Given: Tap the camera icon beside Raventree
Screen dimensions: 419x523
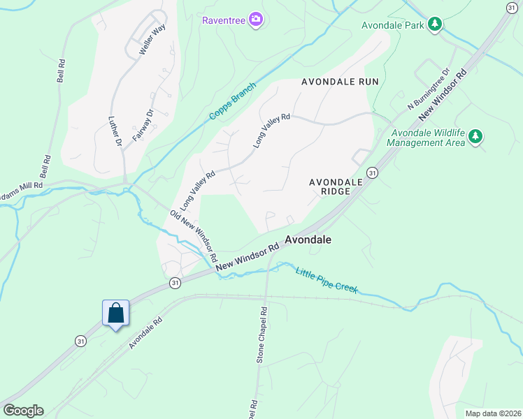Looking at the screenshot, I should tap(256, 20).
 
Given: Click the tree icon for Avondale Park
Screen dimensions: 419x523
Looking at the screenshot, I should tap(435, 25).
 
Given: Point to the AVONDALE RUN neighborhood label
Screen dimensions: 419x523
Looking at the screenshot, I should tap(340, 82).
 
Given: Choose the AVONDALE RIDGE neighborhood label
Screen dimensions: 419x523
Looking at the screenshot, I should tap(336, 187).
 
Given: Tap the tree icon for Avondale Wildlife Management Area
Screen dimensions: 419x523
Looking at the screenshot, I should tap(475, 136).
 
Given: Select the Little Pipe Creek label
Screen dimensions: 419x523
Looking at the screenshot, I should tap(326, 280).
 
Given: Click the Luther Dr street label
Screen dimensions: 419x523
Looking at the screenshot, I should tap(115, 131).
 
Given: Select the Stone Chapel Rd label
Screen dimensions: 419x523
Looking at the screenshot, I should tap(261, 335).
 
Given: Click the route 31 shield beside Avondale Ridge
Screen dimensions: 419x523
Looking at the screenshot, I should tap(372, 172).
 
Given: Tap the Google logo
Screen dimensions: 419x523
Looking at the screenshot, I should tap(23, 411).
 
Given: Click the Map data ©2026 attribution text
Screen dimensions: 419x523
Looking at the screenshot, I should tap(492, 413).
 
